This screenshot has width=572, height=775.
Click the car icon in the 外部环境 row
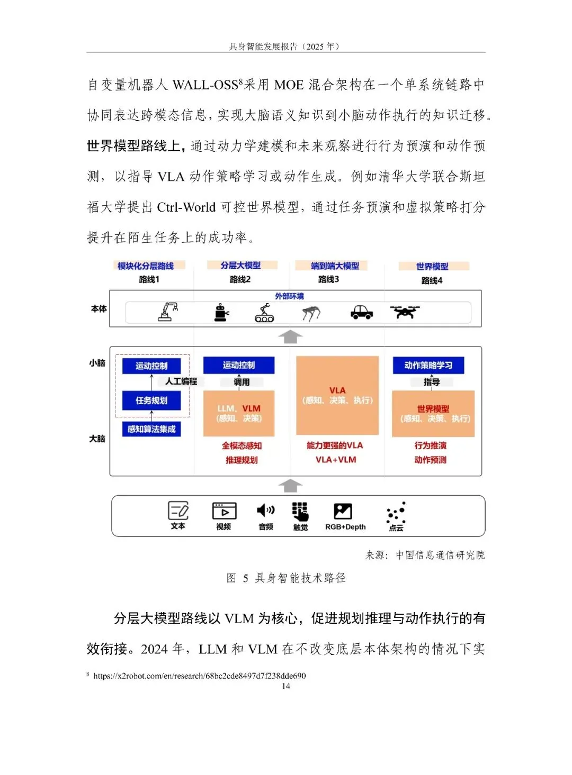tap(362, 312)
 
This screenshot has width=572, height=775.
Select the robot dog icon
tap(311, 313)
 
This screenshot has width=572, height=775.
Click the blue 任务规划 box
tap(151, 400)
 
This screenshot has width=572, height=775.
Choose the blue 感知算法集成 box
tap(151, 429)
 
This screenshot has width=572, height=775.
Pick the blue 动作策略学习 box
tap(428, 365)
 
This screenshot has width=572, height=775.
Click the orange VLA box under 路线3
tap(337, 395)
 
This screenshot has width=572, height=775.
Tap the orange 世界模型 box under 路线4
tap(433, 414)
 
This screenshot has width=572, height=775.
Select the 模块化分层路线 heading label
tap(146, 266)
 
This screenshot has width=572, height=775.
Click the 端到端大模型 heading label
tap(335, 266)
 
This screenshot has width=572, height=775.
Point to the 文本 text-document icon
tap(178, 510)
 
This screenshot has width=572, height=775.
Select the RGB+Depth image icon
tap(343, 511)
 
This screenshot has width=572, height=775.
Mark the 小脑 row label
tap(97, 363)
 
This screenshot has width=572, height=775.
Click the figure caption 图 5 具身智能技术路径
tap(286, 578)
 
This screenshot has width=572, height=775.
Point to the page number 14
tap(286, 686)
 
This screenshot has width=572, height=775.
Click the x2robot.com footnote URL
tap(199, 676)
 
